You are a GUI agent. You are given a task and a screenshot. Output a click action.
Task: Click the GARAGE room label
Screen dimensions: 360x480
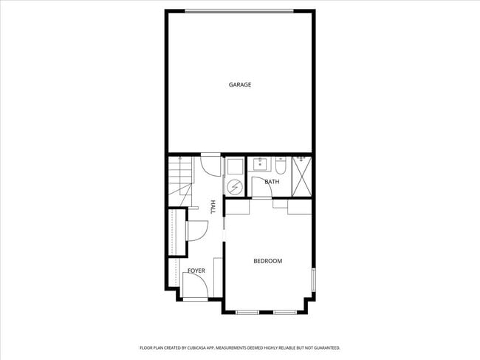point(239,85)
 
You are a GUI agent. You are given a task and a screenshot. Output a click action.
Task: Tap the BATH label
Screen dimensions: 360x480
point(272,182)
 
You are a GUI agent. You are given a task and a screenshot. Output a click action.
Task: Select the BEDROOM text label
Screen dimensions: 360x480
point(267,261)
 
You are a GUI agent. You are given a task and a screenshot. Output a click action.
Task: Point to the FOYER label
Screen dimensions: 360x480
point(196,271)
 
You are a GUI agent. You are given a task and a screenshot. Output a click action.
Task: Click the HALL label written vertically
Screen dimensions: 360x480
point(213,208)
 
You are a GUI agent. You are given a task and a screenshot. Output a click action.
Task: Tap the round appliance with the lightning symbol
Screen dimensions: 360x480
point(234,187)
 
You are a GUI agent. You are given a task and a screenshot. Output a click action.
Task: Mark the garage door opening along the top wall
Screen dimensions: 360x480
point(239,10)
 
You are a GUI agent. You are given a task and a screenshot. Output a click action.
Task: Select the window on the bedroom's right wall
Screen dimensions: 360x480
point(313,279)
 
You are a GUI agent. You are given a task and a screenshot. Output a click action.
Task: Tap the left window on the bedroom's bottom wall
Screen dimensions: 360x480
point(247,312)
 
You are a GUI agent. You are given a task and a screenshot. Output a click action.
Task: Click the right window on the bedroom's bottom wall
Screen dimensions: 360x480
point(284,312)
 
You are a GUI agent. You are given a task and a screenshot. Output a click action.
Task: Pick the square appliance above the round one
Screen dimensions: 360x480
point(234,166)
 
